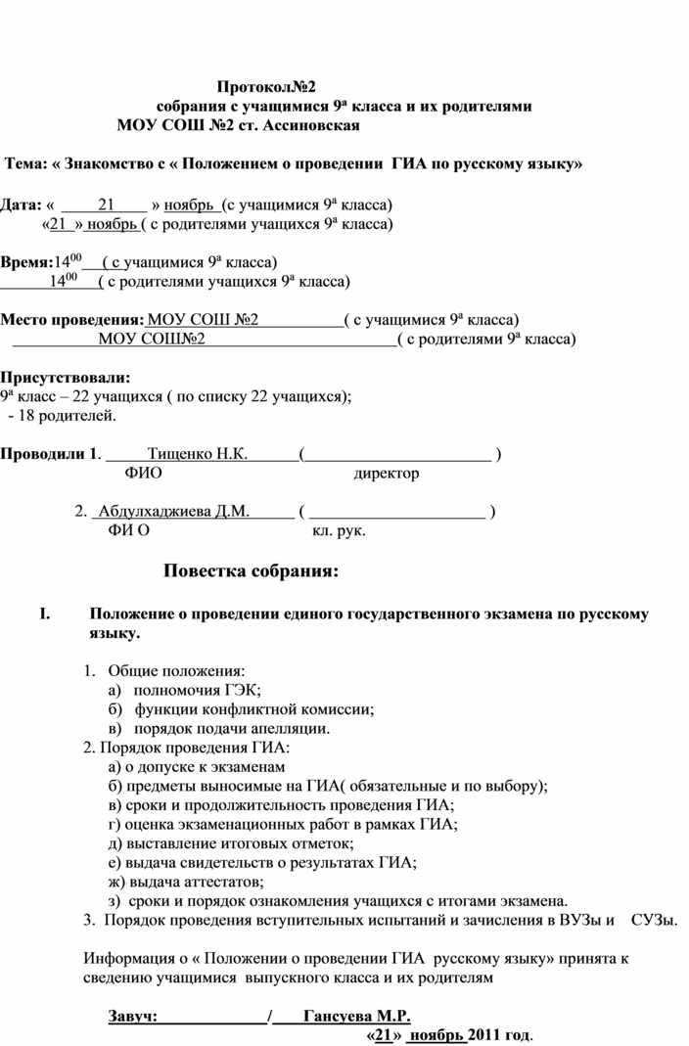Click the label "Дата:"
click(22, 205)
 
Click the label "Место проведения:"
click(71, 320)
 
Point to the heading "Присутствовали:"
click(65, 377)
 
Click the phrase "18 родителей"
click(69, 416)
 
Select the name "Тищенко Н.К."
click(197, 454)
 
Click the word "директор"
click(387, 474)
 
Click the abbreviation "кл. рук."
click(339, 530)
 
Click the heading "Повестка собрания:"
click(251, 571)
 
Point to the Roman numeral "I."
click(42, 614)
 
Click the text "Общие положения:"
click(177, 671)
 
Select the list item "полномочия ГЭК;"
click(193, 691)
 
